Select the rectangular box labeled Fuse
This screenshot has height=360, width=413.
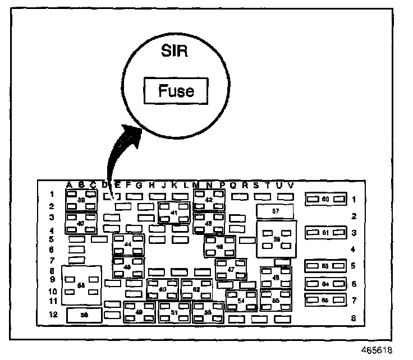(176, 91)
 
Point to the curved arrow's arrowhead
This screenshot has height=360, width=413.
(133, 132)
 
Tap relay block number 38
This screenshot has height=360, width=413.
(81, 200)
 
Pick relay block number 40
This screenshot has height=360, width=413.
(81, 223)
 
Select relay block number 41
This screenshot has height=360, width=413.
(174, 213)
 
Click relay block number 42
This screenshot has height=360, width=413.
(209, 200)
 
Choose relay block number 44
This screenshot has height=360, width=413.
(128, 244)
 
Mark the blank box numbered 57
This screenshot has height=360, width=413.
(275, 211)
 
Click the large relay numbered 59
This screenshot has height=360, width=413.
(276, 239)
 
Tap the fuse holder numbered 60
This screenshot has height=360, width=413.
(325, 199)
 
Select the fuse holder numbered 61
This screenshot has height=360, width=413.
(325, 232)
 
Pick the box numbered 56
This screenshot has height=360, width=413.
(84, 315)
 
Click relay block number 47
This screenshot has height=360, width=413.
(231, 269)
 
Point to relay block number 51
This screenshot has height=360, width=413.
(174, 312)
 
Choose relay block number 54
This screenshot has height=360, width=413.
(241, 301)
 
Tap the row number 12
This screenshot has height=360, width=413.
(53, 315)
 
